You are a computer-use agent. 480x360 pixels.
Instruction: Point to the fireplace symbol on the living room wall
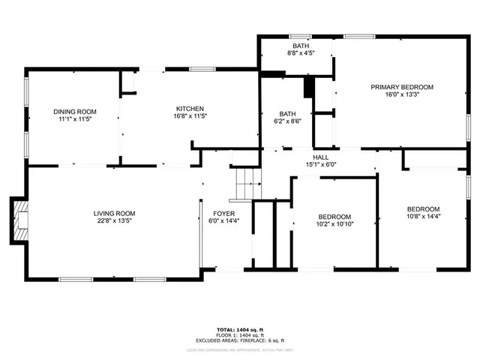pos(20,220)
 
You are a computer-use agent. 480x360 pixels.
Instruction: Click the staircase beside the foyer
pos(246,184)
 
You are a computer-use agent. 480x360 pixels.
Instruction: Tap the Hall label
pos(320,157)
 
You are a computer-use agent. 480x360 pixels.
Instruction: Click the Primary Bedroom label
pos(402,87)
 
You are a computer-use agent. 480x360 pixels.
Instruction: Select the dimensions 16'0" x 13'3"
pos(402,95)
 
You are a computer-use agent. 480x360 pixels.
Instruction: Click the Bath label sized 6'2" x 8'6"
pos(286,114)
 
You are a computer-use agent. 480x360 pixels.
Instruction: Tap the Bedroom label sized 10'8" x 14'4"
pos(423,208)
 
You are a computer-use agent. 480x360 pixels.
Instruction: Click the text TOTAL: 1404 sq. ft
pos(239,329)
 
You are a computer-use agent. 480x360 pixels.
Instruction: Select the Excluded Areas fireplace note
pos(239,341)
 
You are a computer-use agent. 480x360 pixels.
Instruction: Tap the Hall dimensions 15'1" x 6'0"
pos(320,164)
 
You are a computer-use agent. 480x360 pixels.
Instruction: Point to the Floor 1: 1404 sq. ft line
pos(239,335)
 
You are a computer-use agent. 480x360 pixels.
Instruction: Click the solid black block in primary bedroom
pos(307,87)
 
